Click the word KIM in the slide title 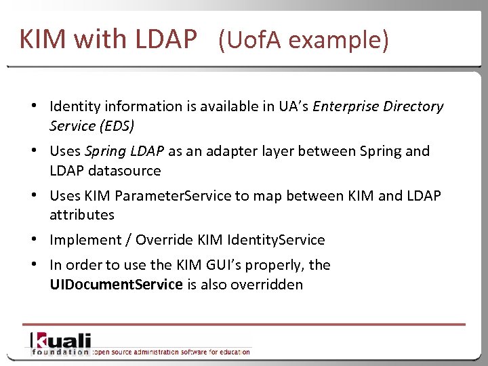pyautogui.click(x=43, y=39)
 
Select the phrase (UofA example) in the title pyautogui.click(x=304, y=41)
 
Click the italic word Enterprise pyautogui.click(x=346, y=106)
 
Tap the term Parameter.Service pyautogui.click(x=174, y=196)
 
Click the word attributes pyautogui.click(x=82, y=215)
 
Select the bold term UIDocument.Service pyautogui.click(x=116, y=285)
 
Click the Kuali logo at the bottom pyautogui.click(x=60, y=340)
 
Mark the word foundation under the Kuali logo pyautogui.click(x=60, y=352)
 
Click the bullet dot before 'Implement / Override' pyautogui.click(x=33, y=241)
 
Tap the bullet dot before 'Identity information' pyautogui.click(x=33, y=107)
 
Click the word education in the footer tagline pyautogui.click(x=234, y=352)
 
